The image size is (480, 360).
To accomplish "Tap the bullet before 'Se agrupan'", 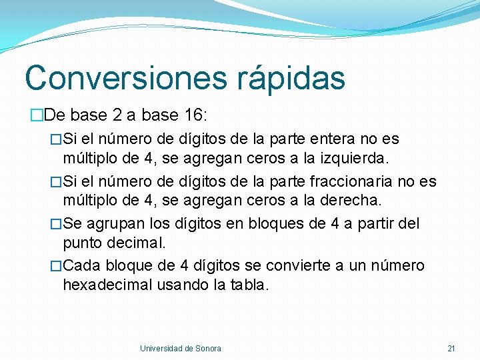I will coord(57,223).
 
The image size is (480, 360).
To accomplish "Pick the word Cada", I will coord(84,266).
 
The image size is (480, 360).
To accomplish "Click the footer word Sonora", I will coord(208,348).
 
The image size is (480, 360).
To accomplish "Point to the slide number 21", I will coord(451,348).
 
